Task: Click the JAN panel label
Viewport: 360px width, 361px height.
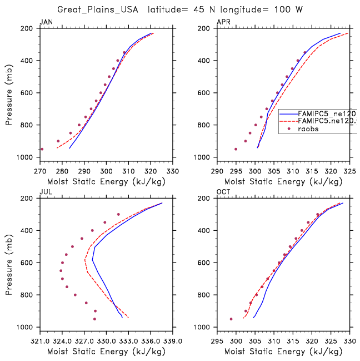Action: point(45,22)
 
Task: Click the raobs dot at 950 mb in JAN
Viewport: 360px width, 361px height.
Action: point(42,149)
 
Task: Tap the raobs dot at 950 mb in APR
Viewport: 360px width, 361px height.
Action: point(236,149)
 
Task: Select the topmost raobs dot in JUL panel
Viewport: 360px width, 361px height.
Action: point(118,214)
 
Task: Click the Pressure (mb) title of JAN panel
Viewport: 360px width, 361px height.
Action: point(9,92)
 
